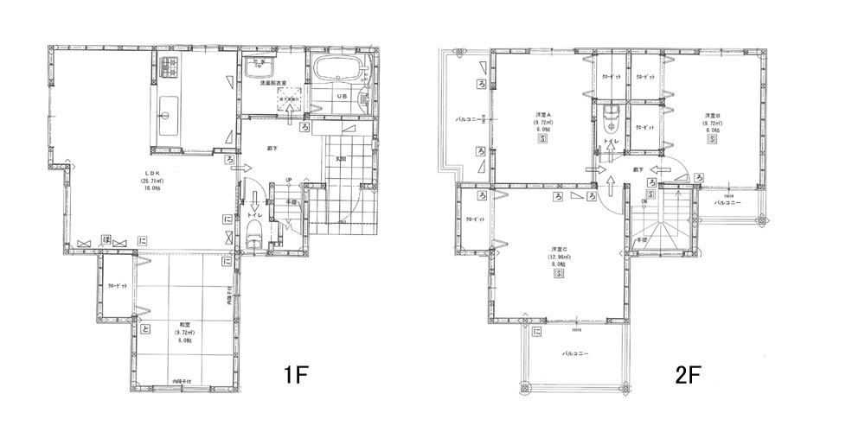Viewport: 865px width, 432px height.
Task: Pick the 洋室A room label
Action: pos(543,116)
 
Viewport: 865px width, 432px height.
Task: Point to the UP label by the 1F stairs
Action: pos(288,181)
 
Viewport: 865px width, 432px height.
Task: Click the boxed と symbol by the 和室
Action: pos(144,327)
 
